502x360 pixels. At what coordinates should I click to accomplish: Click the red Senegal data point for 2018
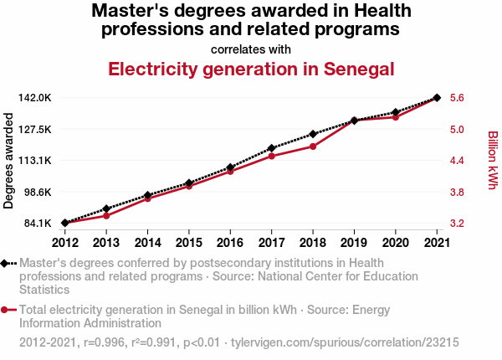313,147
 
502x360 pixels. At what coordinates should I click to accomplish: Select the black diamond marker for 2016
230,167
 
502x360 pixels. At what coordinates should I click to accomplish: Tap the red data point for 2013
106,215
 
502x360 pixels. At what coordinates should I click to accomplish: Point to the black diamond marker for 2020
396,112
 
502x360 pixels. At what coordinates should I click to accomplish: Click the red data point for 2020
396,117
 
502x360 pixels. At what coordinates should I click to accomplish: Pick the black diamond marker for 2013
106,208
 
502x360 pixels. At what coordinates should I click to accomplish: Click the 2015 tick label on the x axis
189,243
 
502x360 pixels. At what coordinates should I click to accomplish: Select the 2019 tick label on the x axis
354,243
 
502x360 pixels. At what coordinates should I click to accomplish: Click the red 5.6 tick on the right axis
458,98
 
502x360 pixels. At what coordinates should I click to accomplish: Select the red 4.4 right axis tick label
458,161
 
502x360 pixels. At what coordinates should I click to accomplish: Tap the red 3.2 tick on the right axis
458,224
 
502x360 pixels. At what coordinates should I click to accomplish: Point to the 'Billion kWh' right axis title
492,159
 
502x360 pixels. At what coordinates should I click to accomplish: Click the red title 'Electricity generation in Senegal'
251,69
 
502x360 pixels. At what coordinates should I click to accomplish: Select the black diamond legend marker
7,263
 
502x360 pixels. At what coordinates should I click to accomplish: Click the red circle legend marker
7,310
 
